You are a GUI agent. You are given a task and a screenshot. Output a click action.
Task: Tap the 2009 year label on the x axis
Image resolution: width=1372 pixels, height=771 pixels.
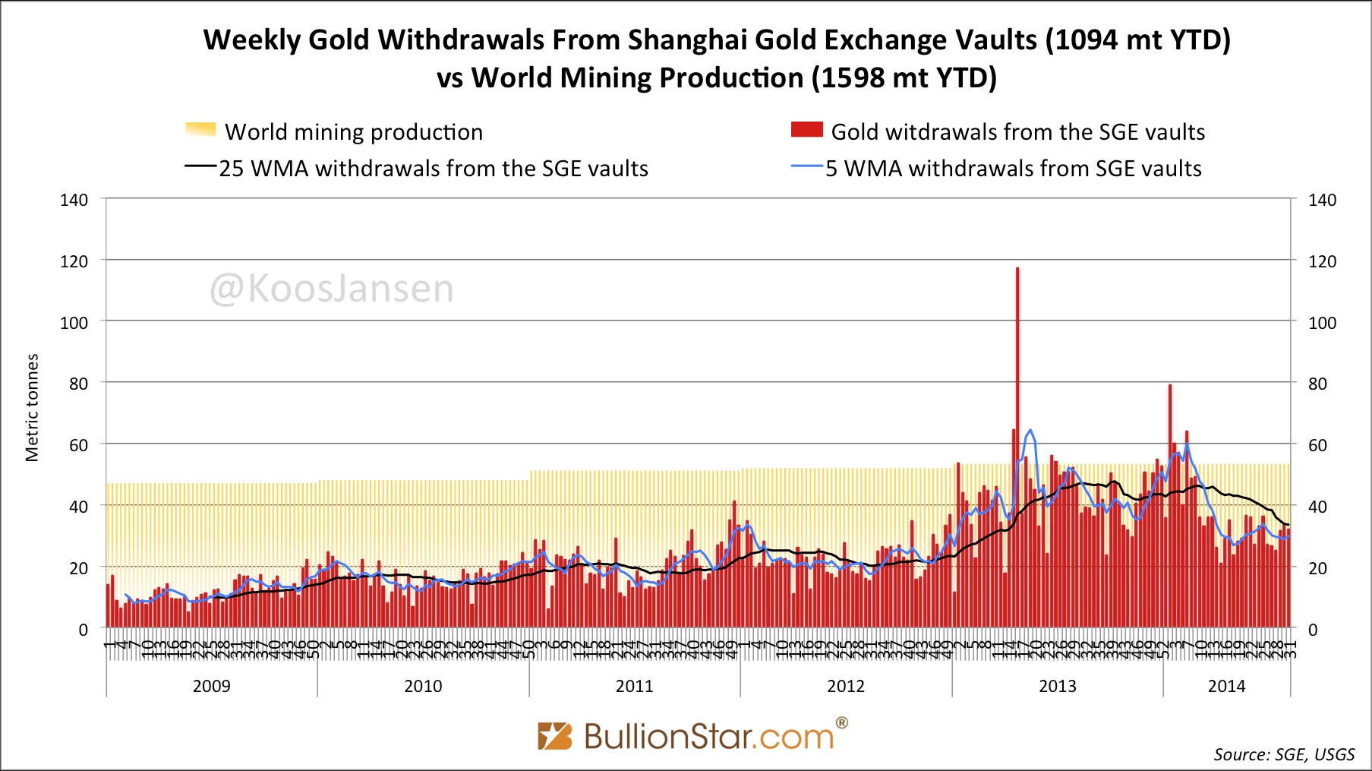click(211, 686)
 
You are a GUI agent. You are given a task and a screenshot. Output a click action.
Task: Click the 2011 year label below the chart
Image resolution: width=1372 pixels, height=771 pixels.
click(634, 686)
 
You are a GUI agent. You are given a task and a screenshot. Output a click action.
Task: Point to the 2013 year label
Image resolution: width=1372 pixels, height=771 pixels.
click(1057, 686)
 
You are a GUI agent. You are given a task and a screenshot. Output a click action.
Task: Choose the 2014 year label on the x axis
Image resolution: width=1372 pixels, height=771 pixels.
click(1226, 686)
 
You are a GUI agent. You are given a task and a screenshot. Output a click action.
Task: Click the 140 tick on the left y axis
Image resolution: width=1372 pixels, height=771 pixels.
click(74, 200)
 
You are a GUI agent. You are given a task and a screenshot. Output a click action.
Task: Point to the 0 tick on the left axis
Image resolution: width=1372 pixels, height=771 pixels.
click(83, 630)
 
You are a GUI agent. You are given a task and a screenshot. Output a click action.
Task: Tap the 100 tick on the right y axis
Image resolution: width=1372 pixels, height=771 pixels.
click(1322, 323)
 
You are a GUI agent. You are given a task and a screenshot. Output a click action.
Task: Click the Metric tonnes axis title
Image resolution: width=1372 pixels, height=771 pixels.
click(32, 407)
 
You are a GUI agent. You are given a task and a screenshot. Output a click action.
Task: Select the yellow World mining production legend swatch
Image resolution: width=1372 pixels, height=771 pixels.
click(200, 130)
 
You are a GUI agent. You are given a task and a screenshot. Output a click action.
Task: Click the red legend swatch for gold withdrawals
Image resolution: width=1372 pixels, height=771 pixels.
click(806, 130)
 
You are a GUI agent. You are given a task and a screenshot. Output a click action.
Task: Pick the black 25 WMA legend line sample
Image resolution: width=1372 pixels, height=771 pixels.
click(201, 167)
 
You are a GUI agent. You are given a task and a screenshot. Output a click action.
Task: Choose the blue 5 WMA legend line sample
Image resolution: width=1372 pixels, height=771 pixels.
click(807, 167)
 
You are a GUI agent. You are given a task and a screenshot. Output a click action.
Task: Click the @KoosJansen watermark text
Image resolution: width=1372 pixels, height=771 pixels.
click(332, 289)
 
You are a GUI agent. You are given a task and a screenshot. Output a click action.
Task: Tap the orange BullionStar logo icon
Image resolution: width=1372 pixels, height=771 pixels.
click(554, 736)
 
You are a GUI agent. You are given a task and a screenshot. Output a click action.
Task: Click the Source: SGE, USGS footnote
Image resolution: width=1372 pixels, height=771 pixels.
click(1284, 754)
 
